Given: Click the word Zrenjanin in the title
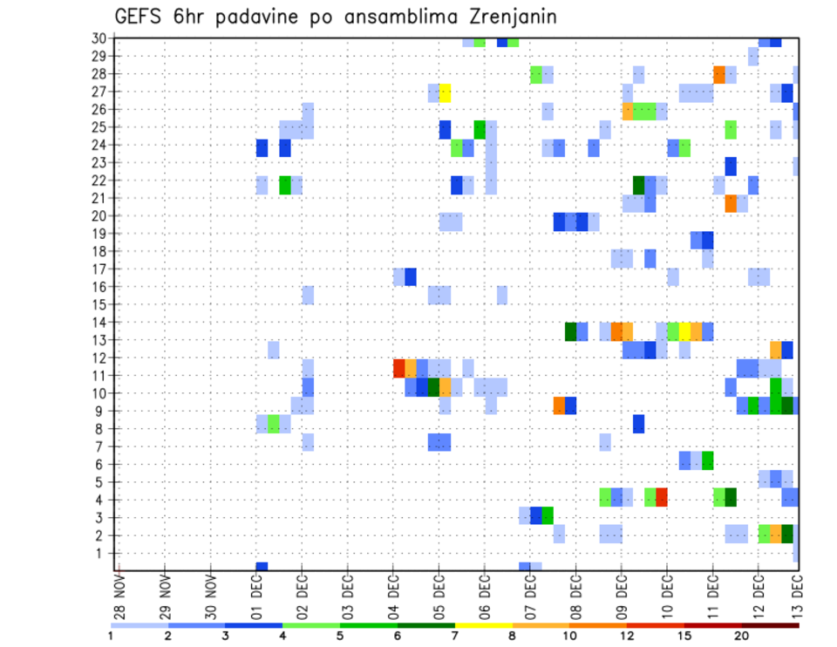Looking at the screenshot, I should [x=506, y=17].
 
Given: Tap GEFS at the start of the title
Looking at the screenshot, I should [x=139, y=17].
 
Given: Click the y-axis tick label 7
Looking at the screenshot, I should [x=101, y=446].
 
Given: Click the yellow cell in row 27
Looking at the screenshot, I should [x=445, y=92].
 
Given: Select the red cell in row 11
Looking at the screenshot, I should [x=399, y=367].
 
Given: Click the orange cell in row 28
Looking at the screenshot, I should [x=719, y=74].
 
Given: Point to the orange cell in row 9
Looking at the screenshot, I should [x=559, y=405].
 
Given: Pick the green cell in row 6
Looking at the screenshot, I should [x=708, y=460].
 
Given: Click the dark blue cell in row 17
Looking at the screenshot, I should [x=411, y=276].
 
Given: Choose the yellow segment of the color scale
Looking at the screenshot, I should [x=483, y=625].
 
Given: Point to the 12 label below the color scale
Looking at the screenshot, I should [x=627, y=636].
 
